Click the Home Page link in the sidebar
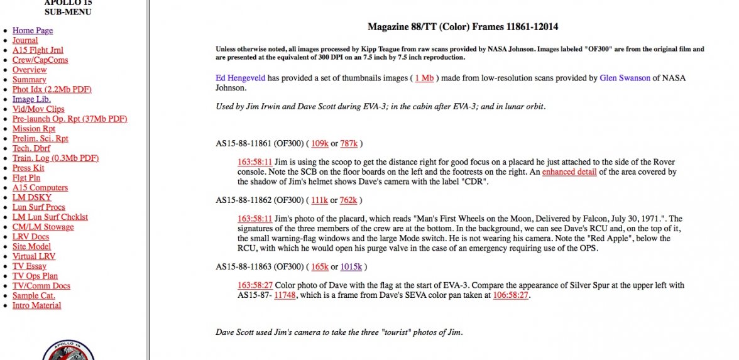[33, 30]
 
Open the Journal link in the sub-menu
[25, 40]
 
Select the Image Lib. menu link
[31, 99]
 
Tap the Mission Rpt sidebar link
[34, 129]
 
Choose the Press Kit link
[28, 168]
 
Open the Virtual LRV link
[34, 256]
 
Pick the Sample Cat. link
[34, 295]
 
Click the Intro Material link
[36, 305]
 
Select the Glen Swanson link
[629, 78]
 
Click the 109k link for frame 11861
[320, 143]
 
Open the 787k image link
[349, 143]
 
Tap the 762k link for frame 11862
[349, 200]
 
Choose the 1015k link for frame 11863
[351, 267]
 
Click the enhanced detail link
[569, 172]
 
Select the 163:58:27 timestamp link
[255, 285]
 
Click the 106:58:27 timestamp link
[510, 295]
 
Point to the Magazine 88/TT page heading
[463, 27]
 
